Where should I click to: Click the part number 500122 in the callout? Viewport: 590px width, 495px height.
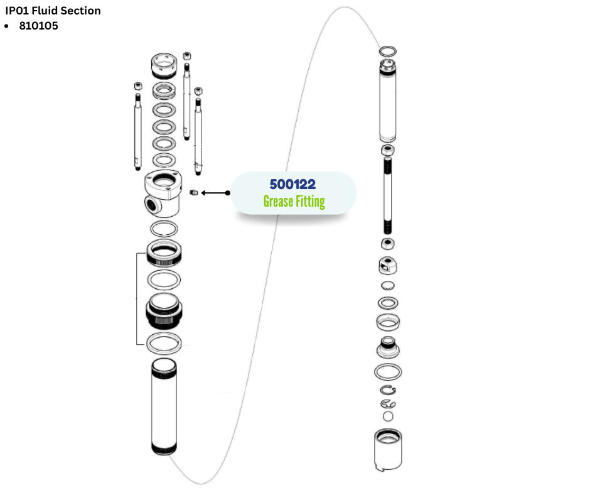pos(292,185)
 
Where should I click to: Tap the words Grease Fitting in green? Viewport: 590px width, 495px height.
pos(294,202)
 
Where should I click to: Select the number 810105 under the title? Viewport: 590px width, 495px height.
pos(39,26)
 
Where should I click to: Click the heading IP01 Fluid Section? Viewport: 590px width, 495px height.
pos(53,11)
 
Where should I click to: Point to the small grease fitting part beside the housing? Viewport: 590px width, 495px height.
pos(194,192)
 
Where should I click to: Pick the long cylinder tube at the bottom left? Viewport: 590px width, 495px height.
pos(164,408)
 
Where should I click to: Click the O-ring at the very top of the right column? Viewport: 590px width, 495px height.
pos(389,50)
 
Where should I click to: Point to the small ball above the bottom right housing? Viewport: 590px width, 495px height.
pos(388,416)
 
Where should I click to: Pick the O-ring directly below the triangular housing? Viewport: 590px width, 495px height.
pos(164,227)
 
